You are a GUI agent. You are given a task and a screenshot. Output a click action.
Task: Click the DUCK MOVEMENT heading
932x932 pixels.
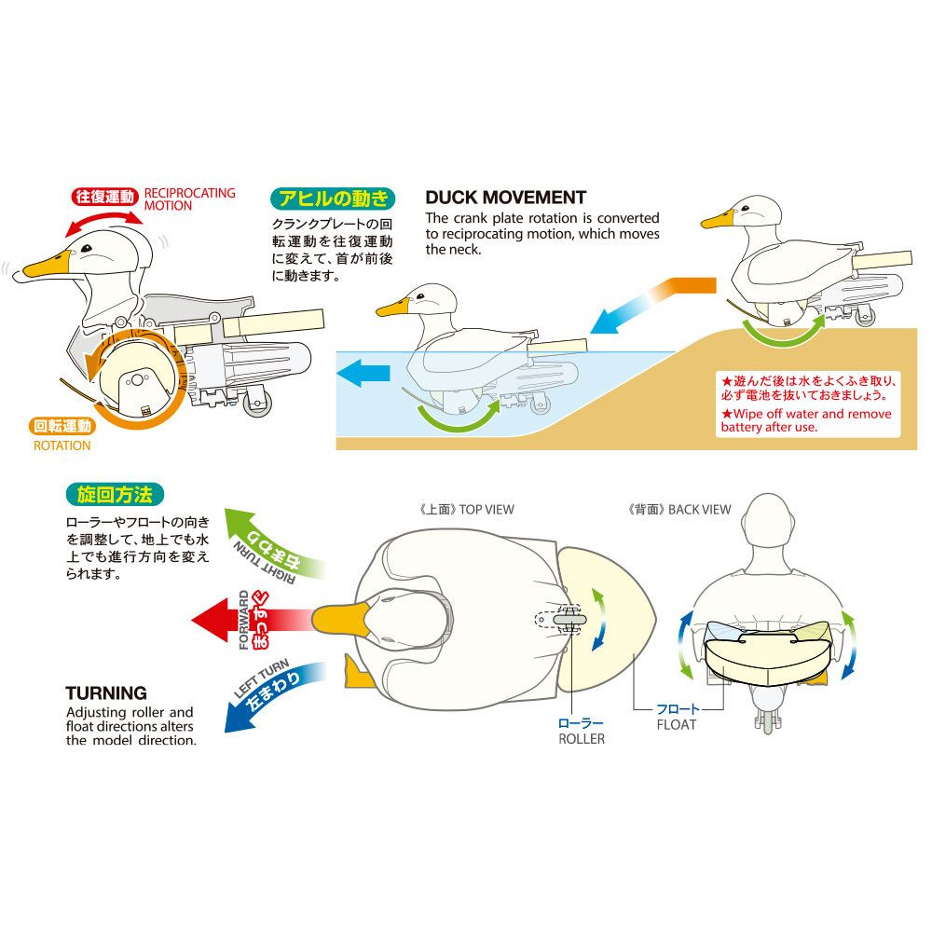[506, 198]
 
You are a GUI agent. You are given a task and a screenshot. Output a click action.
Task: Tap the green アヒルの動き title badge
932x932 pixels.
[333, 199]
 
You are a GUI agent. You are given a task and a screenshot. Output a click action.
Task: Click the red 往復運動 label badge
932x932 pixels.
[105, 197]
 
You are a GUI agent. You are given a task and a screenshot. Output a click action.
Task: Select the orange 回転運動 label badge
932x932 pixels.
[62, 426]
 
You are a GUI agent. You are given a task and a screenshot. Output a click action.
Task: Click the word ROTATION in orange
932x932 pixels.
[62, 445]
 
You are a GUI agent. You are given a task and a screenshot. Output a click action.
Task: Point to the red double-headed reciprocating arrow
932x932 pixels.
[104, 222]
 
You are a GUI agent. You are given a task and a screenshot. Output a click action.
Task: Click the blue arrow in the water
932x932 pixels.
[363, 374]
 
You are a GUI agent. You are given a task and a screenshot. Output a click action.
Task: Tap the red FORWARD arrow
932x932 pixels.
[252, 620]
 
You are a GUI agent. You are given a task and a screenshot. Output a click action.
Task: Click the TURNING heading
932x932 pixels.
[106, 693]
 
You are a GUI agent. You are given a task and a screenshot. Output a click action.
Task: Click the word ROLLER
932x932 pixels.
[582, 739]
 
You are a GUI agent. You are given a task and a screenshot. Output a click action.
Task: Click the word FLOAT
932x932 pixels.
[676, 724]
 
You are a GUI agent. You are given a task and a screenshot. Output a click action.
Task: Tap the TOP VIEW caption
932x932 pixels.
[467, 510]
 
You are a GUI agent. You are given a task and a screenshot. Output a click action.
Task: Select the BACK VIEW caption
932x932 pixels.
[679, 510]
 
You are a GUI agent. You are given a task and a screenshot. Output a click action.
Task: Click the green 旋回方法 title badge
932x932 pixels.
[115, 495]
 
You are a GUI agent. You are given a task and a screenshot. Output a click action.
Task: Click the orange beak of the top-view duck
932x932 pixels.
[341, 620]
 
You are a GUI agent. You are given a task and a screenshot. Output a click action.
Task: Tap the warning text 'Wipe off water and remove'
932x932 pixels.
[806, 414]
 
